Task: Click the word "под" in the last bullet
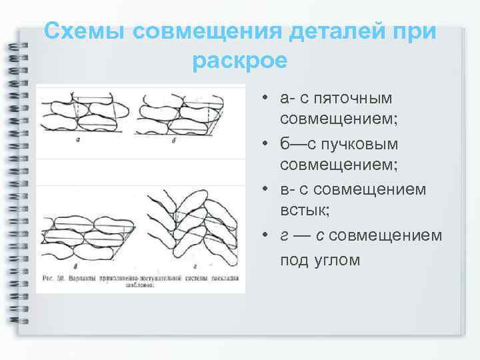click(x=293, y=259)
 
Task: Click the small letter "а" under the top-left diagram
click(x=79, y=140)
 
